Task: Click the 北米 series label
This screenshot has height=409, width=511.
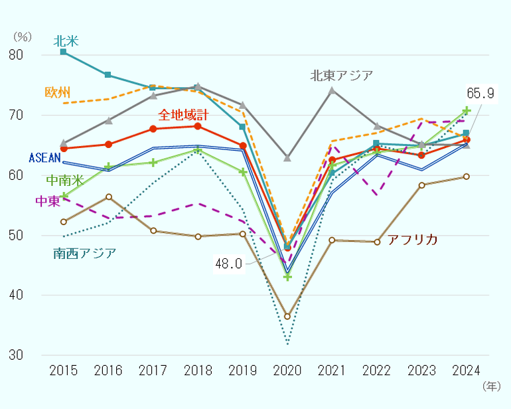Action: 66,41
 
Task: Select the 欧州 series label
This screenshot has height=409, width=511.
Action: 58,92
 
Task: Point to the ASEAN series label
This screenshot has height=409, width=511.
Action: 45,158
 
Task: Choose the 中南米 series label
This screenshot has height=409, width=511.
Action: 65,180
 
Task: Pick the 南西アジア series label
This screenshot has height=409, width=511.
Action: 85,252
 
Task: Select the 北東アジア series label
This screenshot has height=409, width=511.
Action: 341,75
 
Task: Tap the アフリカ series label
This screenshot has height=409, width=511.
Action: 412,239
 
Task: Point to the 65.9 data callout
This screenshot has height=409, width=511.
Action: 480,94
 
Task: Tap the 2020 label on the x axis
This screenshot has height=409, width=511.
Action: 287,370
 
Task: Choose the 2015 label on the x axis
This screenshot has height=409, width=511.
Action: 63,370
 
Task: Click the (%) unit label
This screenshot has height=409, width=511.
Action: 23,37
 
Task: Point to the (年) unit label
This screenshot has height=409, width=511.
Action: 491,386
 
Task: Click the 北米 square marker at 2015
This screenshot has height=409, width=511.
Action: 63,52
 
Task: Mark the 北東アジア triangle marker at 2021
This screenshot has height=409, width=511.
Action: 332,90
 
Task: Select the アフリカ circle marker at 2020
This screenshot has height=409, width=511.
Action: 287,317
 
